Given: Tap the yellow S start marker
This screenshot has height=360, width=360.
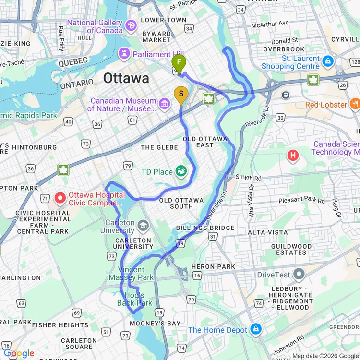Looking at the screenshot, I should click(181, 94).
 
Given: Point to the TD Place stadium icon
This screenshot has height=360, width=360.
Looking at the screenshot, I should click(181, 170).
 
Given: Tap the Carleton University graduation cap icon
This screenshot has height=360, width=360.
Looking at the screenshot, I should click(143, 225).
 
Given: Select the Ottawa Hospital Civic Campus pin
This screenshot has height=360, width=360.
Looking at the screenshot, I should click(60, 197).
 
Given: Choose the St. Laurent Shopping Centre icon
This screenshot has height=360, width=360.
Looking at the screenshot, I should click(328, 61).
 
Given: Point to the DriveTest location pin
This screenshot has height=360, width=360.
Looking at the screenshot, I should click(300, 275).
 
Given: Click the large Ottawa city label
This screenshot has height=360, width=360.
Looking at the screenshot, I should click(126, 78).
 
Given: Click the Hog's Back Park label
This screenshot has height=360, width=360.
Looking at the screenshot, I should click(134, 299).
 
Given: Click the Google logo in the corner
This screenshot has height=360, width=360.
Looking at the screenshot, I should click(18, 354).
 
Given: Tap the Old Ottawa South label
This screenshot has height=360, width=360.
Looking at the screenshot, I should click(182, 203).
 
